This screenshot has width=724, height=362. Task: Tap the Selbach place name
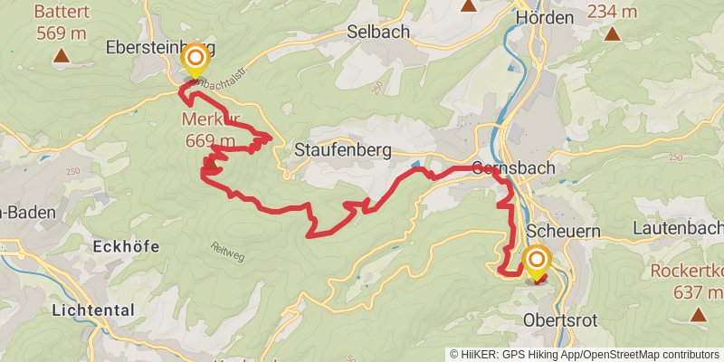coord(378,32)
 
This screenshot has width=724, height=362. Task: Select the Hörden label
coord(544,18)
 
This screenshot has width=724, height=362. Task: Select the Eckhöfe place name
coord(127,246)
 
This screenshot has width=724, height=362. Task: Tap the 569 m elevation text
coord(62,33)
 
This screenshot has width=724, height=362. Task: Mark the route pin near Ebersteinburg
coord(195,62)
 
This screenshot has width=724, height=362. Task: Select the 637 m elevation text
coord(698,291)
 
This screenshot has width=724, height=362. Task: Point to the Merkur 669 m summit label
coord(210,131)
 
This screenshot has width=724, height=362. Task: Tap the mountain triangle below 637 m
coord(698,315)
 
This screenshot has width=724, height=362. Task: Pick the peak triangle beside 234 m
coord(613,35)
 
